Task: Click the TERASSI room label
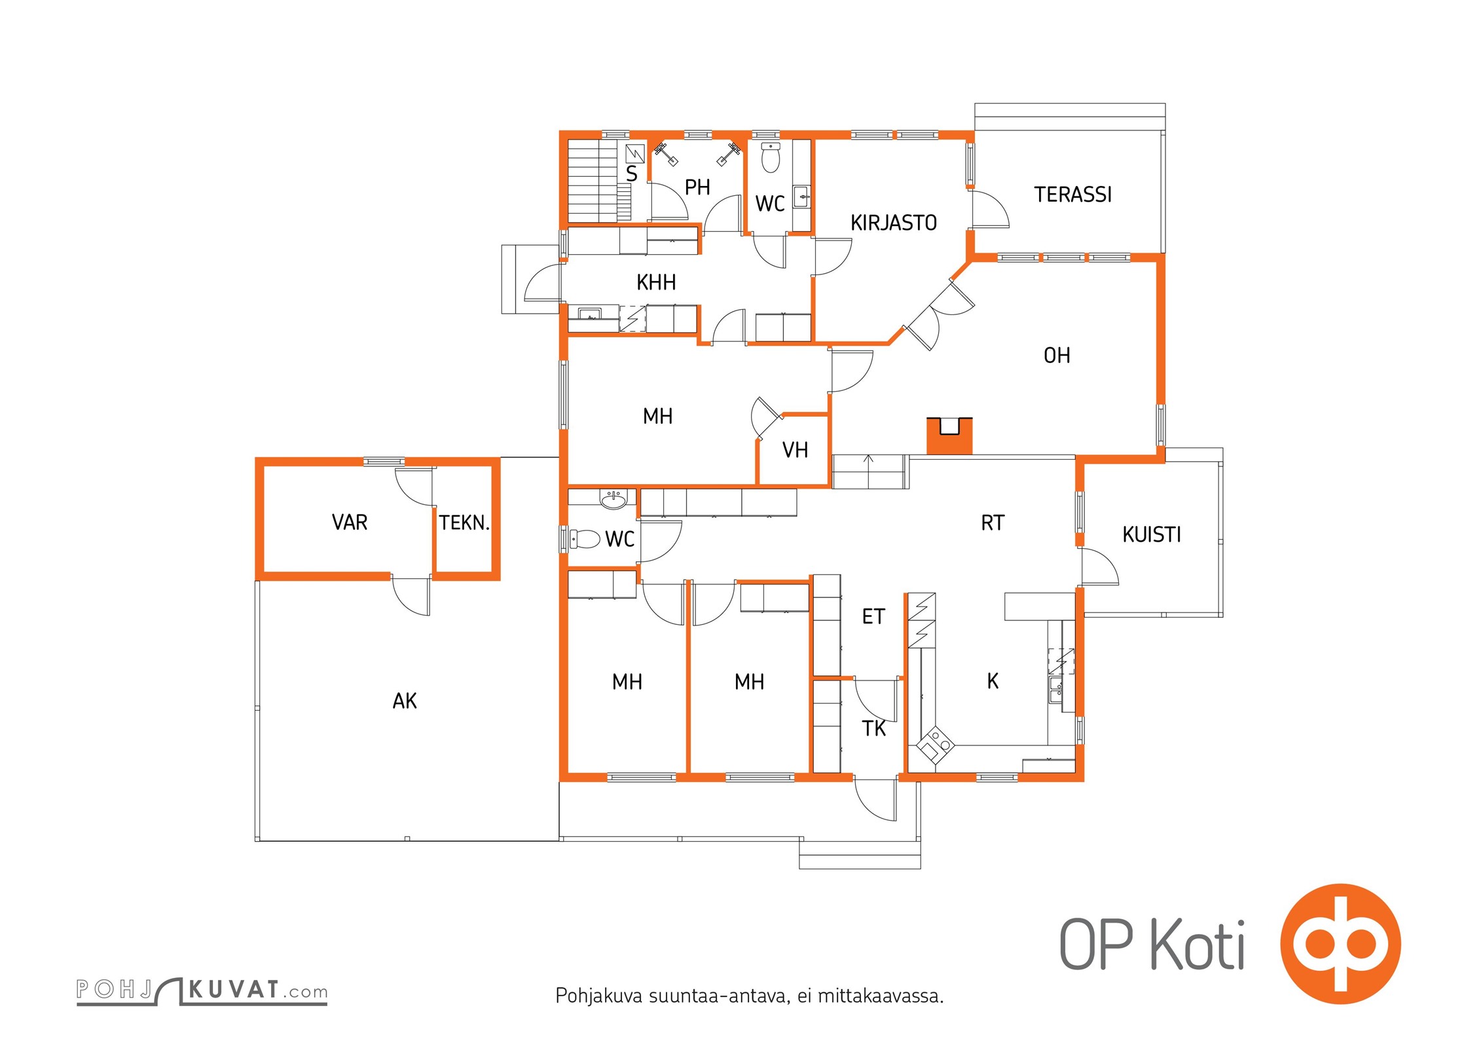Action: [1072, 195]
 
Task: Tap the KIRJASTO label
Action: [893, 223]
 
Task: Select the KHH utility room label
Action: [656, 282]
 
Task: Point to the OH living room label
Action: [1057, 356]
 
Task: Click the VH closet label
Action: [795, 450]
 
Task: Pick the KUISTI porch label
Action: [1152, 534]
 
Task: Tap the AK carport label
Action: [405, 701]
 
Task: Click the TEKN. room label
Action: [464, 523]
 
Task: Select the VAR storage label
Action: [350, 522]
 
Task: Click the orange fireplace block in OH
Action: [949, 436]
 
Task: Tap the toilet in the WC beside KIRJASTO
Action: [771, 158]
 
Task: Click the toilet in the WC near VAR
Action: [585, 539]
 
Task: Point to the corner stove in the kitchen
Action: [935, 746]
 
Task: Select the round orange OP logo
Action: [1340, 944]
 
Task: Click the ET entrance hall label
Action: [873, 616]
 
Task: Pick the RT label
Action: [993, 523]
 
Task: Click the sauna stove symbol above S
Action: [635, 154]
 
